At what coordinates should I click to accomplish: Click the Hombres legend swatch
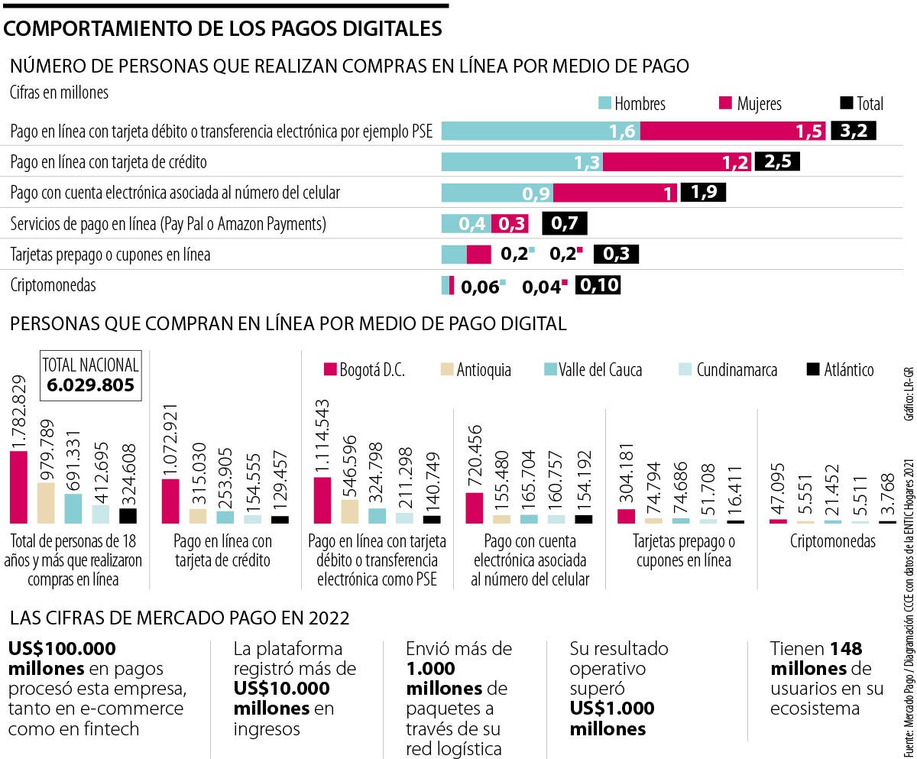point(604,102)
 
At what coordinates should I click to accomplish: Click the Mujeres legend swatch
point(725,102)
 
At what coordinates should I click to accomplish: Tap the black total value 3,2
point(854,131)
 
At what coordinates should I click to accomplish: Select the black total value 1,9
point(703,193)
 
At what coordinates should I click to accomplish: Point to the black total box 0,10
point(598,286)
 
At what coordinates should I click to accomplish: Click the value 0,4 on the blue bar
point(472,224)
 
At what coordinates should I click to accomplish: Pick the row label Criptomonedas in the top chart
point(53,286)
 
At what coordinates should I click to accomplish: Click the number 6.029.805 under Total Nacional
point(91,384)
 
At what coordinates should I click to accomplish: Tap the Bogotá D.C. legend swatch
point(330,370)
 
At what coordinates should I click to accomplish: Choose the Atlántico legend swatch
point(814,370)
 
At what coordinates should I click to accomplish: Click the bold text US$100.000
point(63,650)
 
